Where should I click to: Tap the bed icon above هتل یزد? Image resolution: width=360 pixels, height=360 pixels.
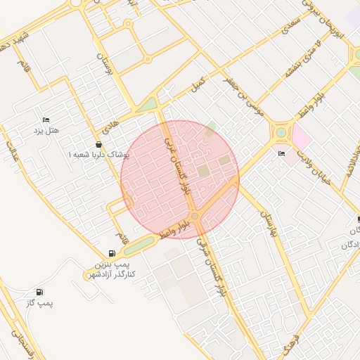tap(46, 120)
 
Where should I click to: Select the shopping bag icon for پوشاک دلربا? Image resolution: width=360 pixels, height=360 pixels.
tap(98, 143)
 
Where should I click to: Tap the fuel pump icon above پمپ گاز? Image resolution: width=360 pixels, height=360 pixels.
tap(39, 292)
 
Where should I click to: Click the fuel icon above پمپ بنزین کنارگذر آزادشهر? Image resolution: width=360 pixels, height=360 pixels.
tap(112, 253)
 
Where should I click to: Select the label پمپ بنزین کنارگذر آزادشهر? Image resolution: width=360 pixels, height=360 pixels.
tap(115, 268)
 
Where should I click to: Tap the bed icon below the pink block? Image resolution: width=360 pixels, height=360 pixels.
tap(282, 154)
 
